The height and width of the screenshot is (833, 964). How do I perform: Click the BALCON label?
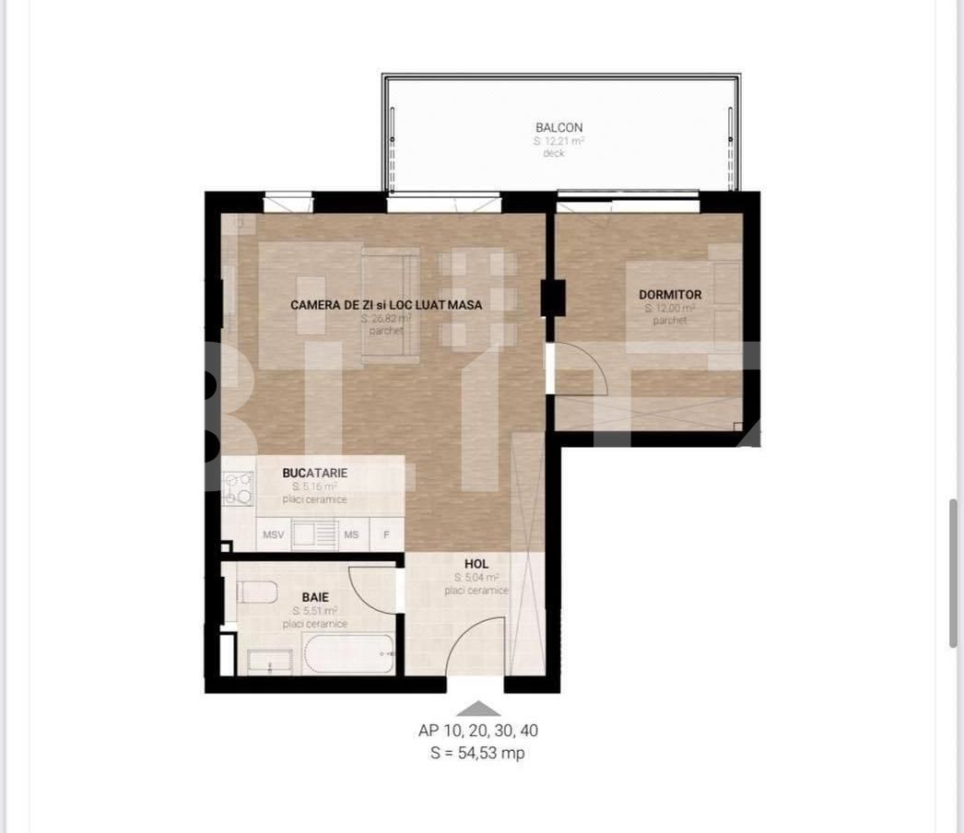[559, 127]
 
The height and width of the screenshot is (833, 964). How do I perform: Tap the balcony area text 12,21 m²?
[559, 141]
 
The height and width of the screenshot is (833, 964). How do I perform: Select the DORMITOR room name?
[670, 295]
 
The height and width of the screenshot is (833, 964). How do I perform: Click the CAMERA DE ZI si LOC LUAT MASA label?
[386, 304]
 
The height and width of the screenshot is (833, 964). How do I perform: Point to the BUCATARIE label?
[315, 473]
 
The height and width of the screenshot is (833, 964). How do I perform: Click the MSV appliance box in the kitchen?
[273, 534]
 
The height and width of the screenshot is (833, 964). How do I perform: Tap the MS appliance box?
[351, 534]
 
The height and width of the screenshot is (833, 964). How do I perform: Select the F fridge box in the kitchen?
[386, 534]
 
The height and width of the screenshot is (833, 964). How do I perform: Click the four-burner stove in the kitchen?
[239, 488]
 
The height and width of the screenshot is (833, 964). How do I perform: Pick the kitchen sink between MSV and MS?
[314, 534]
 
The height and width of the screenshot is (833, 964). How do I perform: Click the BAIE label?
[315, 597]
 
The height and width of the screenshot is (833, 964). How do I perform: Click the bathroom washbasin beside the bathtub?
[270, 661]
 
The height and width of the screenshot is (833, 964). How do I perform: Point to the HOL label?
[476, 564]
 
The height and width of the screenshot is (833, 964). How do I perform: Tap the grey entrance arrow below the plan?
[478, 709]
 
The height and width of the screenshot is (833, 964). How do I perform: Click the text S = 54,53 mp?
[478, 753]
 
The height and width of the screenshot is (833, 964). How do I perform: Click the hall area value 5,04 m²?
[476, 578]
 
